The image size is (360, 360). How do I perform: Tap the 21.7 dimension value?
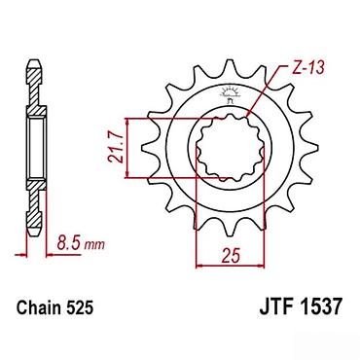click(x=115, y=148)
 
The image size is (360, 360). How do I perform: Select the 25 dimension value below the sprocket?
click(x=231, y=256)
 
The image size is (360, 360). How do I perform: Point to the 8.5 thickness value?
click(x=69, y=242)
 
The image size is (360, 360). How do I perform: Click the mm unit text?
click(x=94, y=244)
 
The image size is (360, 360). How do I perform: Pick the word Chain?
click(x=37, y=307)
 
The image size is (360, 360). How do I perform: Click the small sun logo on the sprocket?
click(x=230, y=95)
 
